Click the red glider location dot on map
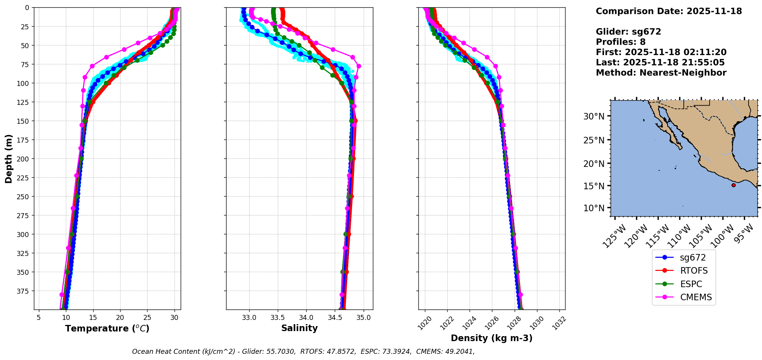click(x=733, y=185)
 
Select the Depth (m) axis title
click(x=9, y=158)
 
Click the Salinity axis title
click(x=299, y=328)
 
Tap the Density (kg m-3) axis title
click(x=492, y=338)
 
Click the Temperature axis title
click(x=107, y=328)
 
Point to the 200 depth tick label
click(x=23, y=159)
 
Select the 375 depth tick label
click(x=23, y=291)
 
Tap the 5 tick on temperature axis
click(x=39, y=318)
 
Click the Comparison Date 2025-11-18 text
click(x=669, y=11)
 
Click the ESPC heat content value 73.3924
click(x=397, y=352)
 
